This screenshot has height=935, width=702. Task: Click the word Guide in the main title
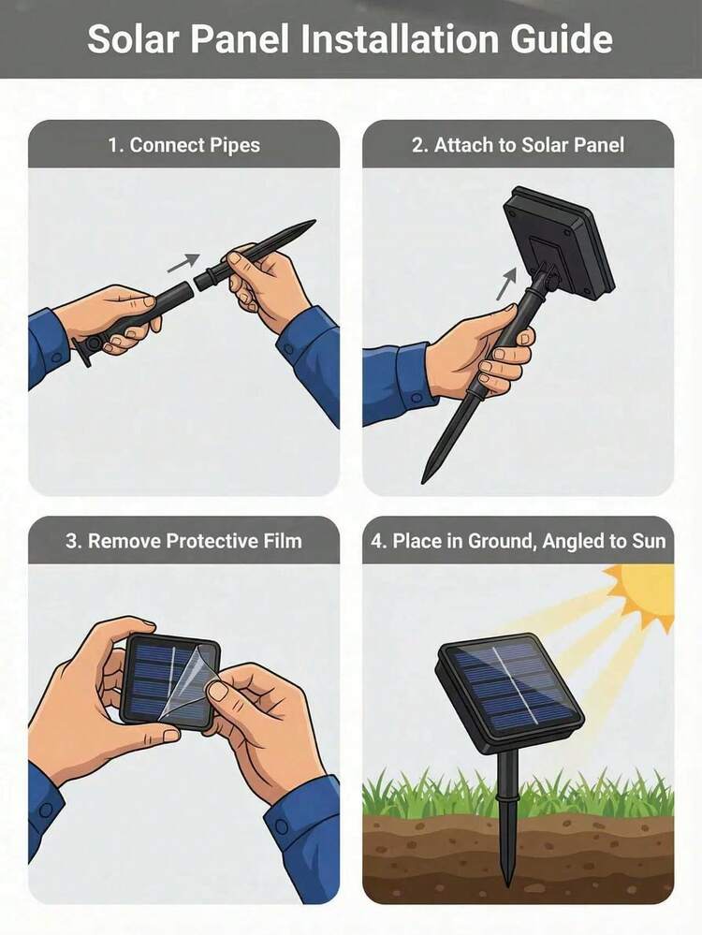[562, 39]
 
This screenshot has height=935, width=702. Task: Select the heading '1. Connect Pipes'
[183, 145]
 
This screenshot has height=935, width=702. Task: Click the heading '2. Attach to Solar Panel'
[518, 145]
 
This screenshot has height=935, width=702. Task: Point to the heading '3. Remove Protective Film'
[183, 541]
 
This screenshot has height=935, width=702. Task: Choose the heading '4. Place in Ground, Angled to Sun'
[518, 541]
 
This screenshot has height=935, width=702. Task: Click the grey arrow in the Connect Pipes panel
[183, 262]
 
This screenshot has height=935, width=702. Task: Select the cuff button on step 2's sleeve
[417, 397]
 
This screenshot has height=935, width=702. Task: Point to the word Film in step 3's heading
[284, 541]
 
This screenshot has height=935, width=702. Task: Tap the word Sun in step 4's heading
[648, 541]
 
